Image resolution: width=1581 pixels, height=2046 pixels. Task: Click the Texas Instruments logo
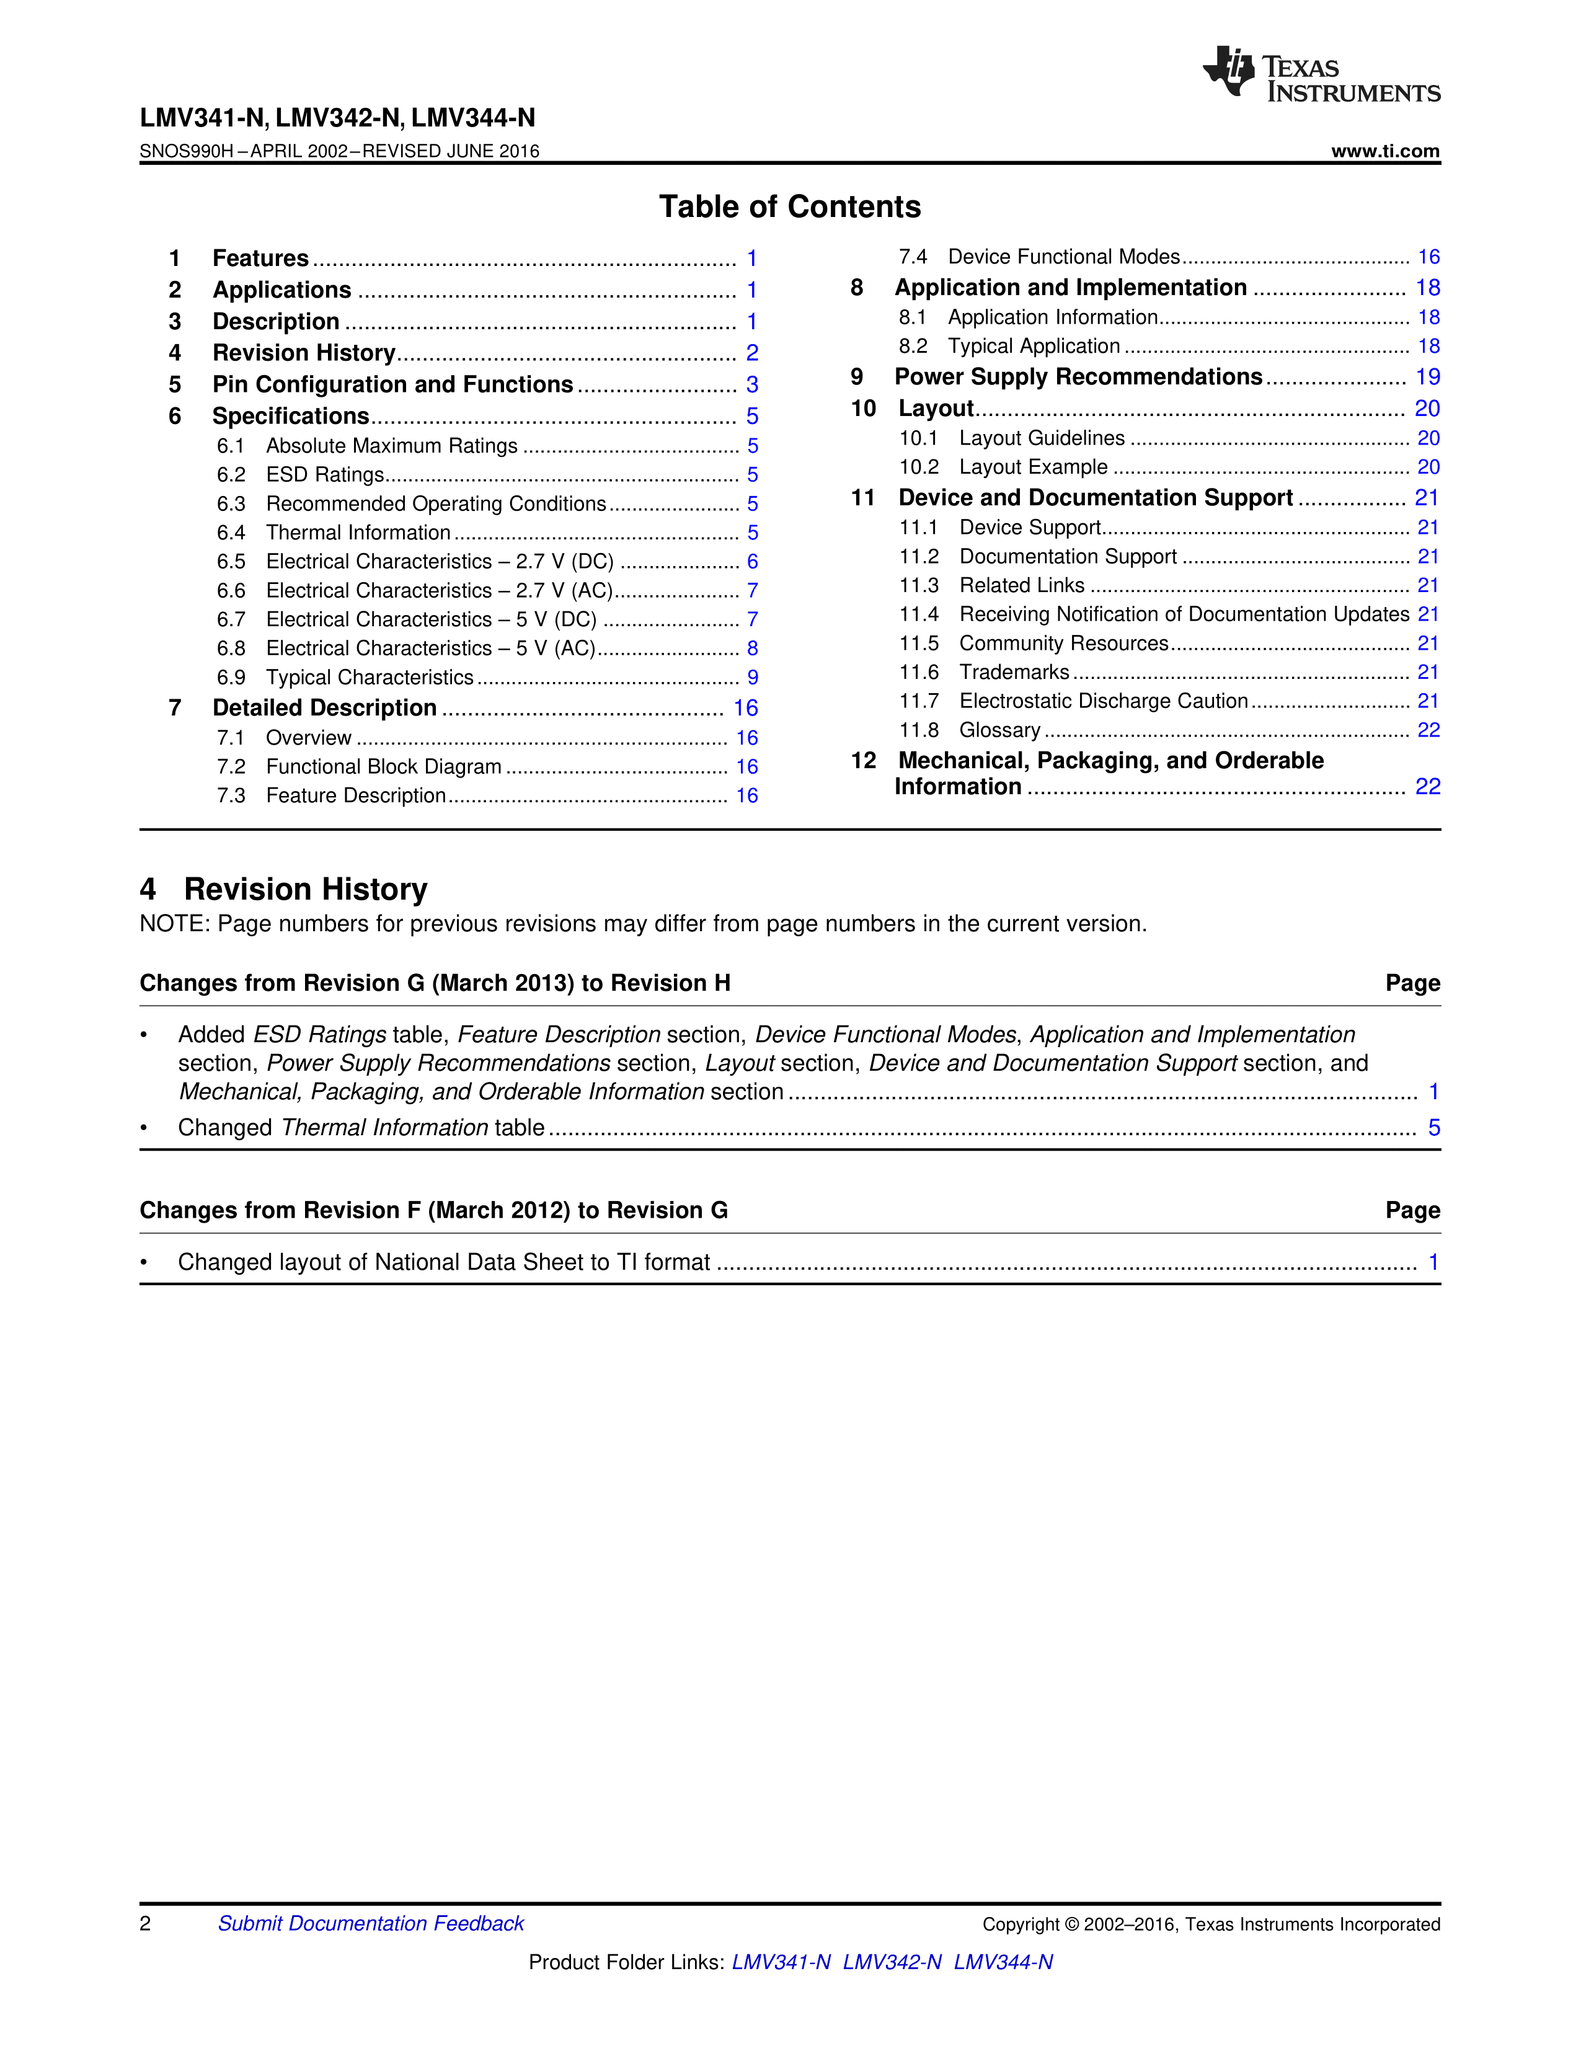point(1321,74)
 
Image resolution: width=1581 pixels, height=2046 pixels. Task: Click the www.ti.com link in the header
point(1385,151)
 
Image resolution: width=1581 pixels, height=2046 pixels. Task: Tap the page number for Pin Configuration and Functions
point(752,385)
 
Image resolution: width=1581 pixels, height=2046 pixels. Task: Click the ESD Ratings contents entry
point(325,475)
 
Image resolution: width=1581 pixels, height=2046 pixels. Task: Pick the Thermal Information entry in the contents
point(358,533)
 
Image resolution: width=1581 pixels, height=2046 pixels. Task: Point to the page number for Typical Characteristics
point(752,677)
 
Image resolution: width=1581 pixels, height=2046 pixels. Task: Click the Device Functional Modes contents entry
point(1064,257)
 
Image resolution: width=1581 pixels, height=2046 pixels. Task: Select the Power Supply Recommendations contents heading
point(1078,376)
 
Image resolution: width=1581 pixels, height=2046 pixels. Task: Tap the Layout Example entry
point(1033,467)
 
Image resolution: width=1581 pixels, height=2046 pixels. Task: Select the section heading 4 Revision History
point(284,889)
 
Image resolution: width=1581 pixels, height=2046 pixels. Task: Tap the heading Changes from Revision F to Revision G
point(433,1210)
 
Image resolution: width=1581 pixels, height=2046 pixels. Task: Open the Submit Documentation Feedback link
point(371,1923)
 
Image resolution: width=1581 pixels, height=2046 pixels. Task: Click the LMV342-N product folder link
point(892,1962)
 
